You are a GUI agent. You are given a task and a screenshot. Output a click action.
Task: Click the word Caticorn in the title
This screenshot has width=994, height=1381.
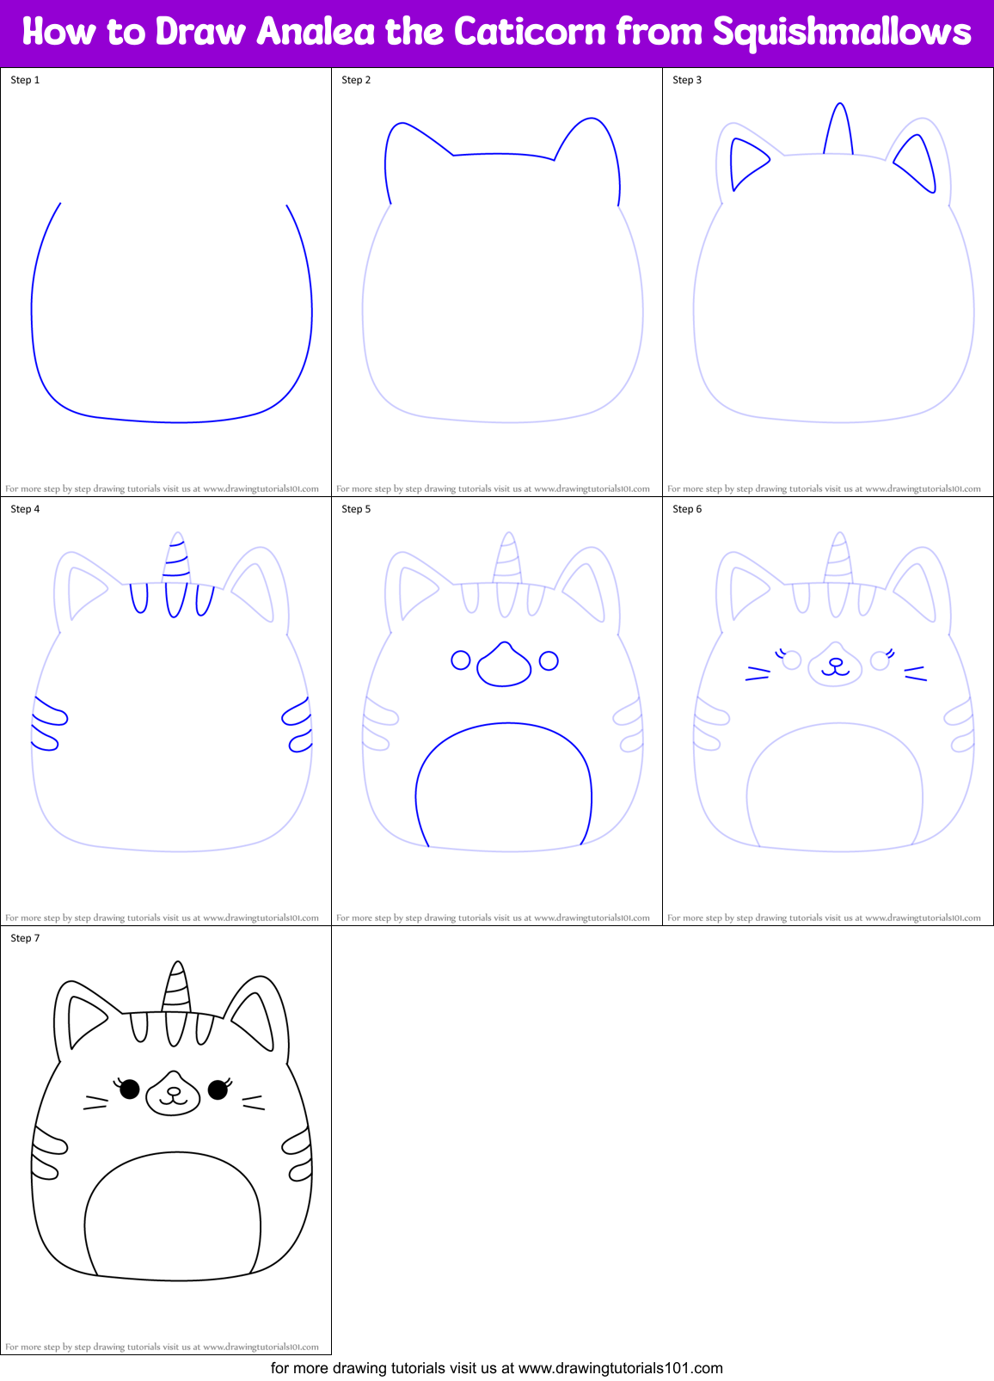click(528, 33)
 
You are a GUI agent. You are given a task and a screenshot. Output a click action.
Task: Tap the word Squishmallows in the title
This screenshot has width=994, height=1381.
click(842, 33)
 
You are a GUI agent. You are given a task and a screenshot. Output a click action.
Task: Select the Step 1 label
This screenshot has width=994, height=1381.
click(25, 80)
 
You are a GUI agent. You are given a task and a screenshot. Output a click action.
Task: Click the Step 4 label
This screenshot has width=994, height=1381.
click(25, 509)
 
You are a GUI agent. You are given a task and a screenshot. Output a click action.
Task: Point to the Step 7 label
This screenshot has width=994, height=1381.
click(25, 938)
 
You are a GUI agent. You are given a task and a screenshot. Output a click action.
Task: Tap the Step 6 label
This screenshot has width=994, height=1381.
click(687, 509)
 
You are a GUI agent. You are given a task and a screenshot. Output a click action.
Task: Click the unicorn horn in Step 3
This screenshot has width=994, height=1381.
click(839, 131)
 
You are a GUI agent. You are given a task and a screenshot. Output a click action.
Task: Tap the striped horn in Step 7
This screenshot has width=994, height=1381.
click(176, 989)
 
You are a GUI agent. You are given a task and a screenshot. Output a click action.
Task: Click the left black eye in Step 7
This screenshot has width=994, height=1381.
click(130, 1089)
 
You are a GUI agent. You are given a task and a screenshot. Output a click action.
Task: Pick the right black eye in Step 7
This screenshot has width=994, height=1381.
click(218, 1089)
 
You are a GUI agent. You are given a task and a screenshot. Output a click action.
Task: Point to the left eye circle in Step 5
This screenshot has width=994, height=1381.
click(461, 660)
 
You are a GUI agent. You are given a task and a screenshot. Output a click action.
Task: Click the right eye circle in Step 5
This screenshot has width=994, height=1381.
click(549, 660)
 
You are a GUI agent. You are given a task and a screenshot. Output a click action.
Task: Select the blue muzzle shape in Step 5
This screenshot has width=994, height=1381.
click(504, 665)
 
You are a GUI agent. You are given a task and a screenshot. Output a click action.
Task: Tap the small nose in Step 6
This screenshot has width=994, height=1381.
click(835, 662)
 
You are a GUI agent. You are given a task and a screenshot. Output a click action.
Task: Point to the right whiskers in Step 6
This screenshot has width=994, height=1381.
click(915, 673)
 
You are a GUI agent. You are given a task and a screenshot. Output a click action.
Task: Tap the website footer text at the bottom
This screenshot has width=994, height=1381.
click(497, 1368)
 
